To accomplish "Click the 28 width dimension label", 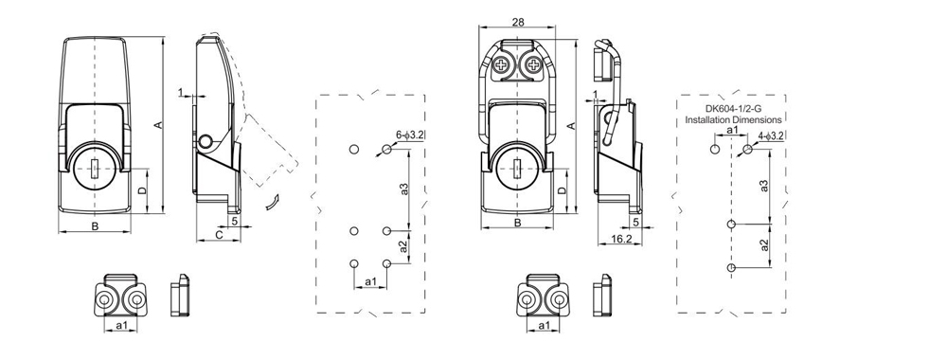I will pos(517,22).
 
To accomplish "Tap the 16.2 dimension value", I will pos(620,241).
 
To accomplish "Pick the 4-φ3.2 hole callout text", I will pos(771,136).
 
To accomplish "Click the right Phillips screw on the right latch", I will pos(536,65).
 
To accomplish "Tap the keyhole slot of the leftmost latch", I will pos(98,171).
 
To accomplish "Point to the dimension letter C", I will pos(218,233).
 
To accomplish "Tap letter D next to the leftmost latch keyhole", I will pos(142,190).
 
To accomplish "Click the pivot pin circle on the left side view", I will pos(205,142).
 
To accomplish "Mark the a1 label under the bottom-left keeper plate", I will pos(121,326).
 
